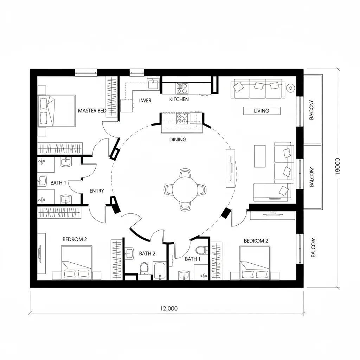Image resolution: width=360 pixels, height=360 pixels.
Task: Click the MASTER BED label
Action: tap(92, 111)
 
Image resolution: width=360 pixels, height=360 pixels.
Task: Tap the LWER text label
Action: tap(145, 101)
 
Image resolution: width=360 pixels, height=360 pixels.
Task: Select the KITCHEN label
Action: tap(179, 99)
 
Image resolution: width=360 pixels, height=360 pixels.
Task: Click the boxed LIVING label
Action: tap(262, 111)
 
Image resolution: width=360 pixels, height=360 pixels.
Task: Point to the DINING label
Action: tap(178, 140)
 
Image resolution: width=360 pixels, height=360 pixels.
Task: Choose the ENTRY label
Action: tap(97, 191)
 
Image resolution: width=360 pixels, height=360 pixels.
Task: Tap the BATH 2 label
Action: tap(147, 253)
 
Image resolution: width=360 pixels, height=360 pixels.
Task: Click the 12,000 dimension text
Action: tap(169, 309)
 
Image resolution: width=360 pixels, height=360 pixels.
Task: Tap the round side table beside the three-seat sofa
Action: tap(290, 88)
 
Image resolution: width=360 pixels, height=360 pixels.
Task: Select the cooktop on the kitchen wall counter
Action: tap(182, 86)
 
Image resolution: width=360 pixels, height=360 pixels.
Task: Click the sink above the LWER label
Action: tap(153, 84)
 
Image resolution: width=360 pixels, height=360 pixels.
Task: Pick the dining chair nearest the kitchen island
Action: tap(185, 173)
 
